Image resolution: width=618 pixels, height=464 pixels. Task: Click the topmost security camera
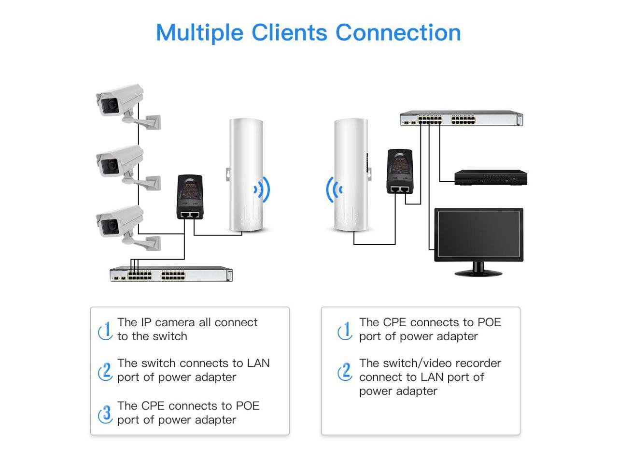120,101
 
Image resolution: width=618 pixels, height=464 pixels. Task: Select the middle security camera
120,161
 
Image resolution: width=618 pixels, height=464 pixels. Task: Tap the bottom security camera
120,221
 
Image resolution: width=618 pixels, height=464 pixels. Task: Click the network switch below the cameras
171,274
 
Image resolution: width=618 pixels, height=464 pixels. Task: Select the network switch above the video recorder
461,119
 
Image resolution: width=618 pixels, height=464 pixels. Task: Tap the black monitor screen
478,234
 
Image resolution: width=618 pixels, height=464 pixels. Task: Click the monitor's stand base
478,272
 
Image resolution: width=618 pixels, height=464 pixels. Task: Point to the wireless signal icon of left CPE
262,190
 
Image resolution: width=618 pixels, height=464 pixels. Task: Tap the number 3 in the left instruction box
106,413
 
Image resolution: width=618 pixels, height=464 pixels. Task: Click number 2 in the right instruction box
345,371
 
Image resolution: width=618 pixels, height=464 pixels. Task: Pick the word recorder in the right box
476,363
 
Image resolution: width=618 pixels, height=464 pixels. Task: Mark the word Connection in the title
398,33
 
